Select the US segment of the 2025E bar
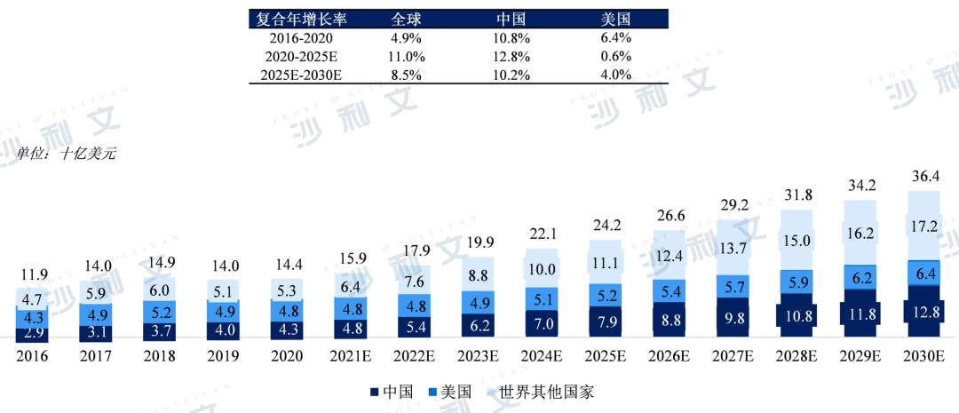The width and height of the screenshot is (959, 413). pyautogui.click(x=606, y=295)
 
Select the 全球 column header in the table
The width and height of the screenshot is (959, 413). pyautogui.click(x=408, y=18)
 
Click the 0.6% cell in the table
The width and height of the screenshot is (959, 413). pyautogui.click(x=615, y=57)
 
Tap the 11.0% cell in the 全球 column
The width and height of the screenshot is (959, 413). pyautogui.click(x=408, y=57)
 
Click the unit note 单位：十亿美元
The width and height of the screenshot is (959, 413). pyautogui.click(x=67, y=154)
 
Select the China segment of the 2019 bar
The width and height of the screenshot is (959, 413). pyautogui.click(x=224, y=330)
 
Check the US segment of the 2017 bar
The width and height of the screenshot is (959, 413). pyautogui.click(x=96, y=314)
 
